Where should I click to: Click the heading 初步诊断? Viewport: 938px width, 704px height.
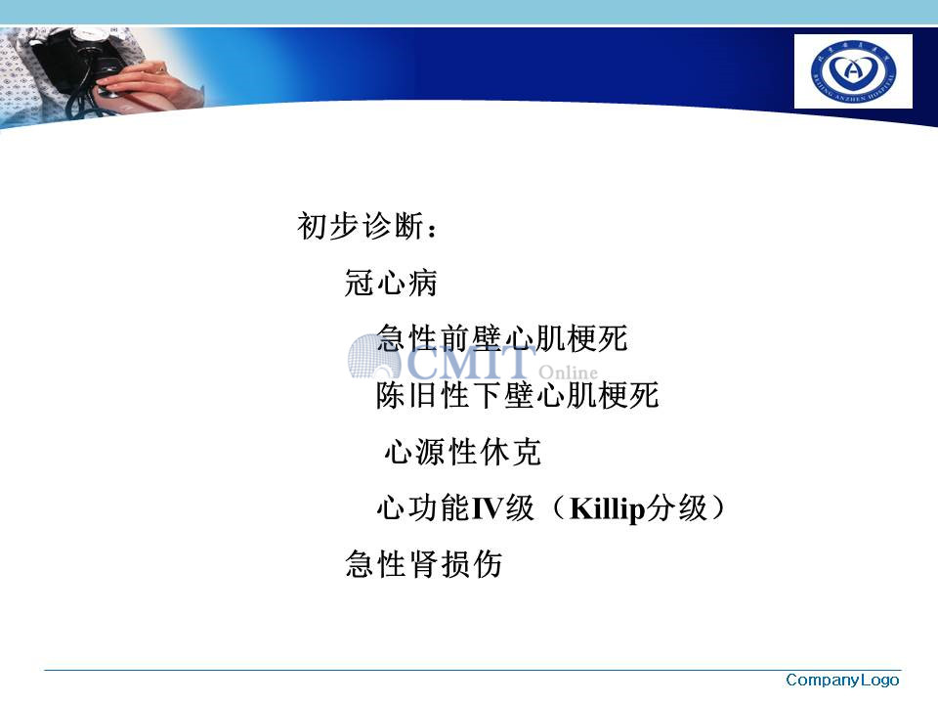click(x=361, y=226)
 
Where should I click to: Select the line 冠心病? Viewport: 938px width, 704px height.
click(x=391, y=283)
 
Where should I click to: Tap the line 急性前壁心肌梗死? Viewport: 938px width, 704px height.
click(x=502, y=338)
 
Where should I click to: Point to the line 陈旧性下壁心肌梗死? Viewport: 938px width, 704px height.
click(x=518, y=395)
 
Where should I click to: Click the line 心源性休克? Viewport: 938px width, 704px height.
click(x=462, y=452)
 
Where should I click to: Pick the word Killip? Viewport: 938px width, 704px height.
click(x=607, y=509)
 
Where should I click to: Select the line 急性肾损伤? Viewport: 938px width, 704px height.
click(x=423, y=564)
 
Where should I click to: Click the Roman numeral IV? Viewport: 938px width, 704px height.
click(x=487, y=508)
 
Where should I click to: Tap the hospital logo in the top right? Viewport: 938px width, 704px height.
click(x=853, y=71)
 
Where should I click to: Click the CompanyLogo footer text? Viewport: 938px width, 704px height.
click(x=842, y=681)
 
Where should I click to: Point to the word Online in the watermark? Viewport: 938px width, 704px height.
click(x=568, y=372)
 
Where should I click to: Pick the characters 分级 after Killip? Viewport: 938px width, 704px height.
click(x=676, y=508)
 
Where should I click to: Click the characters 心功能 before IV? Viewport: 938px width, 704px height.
click(x=423, y=508)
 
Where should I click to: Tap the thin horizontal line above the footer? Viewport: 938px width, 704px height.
click(x=473, y=670)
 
